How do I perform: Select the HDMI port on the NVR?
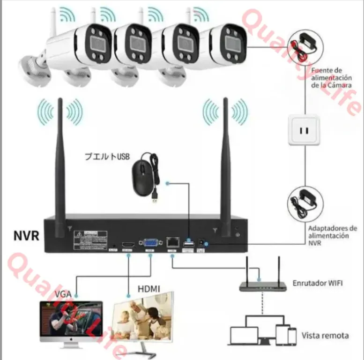(127, 245)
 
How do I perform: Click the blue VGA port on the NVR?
(150, 243)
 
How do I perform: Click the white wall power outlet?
(304, 130)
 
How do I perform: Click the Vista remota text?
(325, 335)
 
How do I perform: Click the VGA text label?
(63, 294)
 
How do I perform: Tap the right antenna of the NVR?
(226, 164)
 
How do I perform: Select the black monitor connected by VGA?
(70, 321)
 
